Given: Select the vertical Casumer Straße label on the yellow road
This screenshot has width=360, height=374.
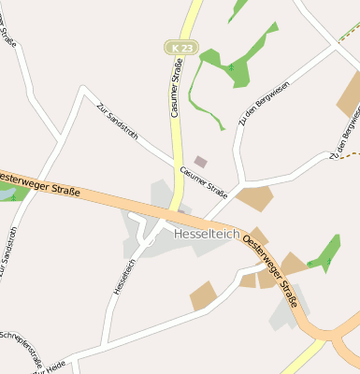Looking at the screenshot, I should pos(176,87).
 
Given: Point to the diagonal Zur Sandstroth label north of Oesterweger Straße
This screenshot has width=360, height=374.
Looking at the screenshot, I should pos(117,122).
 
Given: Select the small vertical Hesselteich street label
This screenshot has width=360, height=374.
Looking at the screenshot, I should pos(119,277).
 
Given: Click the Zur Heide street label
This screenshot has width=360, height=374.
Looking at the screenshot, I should pos(49,368).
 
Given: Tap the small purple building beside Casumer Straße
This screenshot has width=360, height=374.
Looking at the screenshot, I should pos(200,162).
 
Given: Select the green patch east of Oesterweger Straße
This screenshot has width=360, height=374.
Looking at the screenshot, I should pos(326,252).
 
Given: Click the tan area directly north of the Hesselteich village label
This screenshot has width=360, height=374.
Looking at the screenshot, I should pos(254,197).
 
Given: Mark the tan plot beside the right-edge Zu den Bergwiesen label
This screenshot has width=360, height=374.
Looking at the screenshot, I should pos(350,94).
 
